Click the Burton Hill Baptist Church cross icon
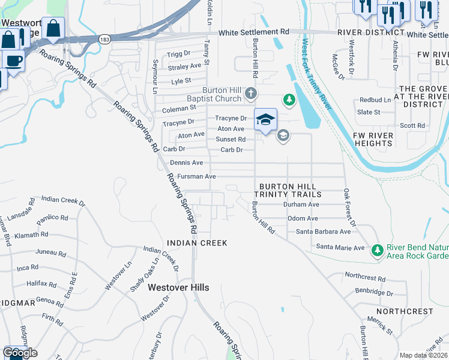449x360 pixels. pyautogui.click(x=251, y=94)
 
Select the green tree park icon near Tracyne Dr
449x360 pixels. pyautogui.click(x=289, y=99)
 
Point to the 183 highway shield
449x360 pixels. pyautogui.click(x=104, y=39)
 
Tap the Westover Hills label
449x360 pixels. pyautogui.click(x=179, y=288)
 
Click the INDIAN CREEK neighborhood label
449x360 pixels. pyautogui.click(x=197, y=243)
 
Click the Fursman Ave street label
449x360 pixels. pyautogui.click(x=193, y=177)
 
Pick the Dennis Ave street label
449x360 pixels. pyautogui.click(x=187, y=163)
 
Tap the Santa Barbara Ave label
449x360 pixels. pyautogui.click(x=323, y=232)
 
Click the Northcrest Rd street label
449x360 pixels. pyautogui.click(x=365, y=278)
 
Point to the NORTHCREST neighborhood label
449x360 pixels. pyautogui.click(x=405, y=311)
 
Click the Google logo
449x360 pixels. pyautogui.click(x=20, y=353)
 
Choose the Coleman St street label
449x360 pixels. pyautogui.click(x=179, y=109)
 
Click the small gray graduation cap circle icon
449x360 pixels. pyautogui.click(x=283, y=136)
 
